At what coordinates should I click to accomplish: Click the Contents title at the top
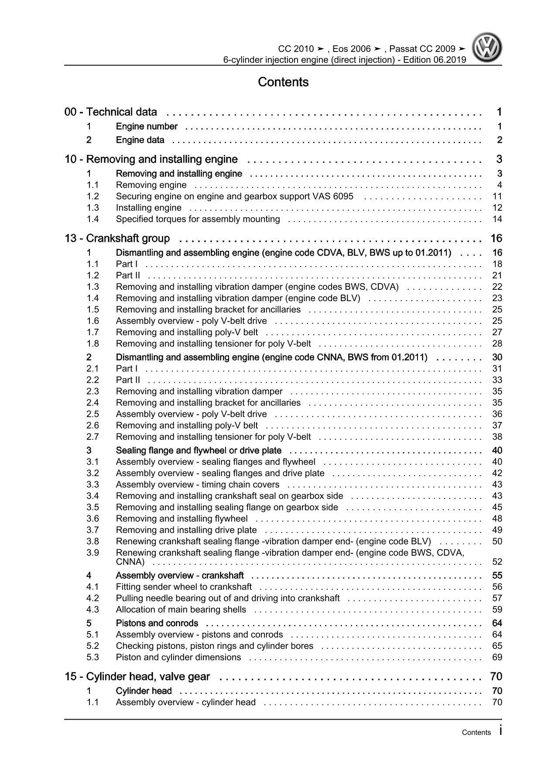point(283,82)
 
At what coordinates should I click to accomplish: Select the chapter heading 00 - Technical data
point(110,112)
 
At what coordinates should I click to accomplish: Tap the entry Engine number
point(147,127)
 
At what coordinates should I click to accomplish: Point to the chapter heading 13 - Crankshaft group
point(117,238)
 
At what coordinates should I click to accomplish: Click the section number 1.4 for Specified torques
point(92,219)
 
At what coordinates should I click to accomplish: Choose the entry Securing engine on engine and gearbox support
point(234,196)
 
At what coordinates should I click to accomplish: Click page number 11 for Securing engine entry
point(497,196)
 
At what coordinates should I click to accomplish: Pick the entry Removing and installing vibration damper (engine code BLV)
point(238,298)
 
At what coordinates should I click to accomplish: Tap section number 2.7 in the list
point(92,437)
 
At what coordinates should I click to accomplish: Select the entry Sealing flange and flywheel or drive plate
point(199,450)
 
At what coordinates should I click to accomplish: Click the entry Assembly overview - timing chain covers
point(198,484)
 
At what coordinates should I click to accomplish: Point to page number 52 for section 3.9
point(497,562)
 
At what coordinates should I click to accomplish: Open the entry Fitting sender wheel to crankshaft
point(184,587)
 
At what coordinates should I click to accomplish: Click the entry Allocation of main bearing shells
point(181,610)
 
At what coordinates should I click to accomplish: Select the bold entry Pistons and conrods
point(157,623)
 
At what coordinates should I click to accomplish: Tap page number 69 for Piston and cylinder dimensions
point(497,657)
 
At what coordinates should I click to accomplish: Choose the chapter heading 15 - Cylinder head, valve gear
point(137,676)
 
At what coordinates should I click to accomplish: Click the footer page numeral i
point(501,731)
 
